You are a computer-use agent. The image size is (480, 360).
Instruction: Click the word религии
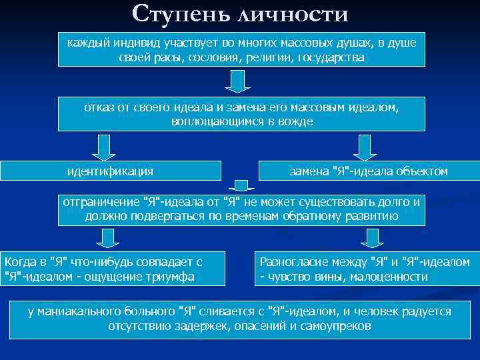click(x=265, y=57)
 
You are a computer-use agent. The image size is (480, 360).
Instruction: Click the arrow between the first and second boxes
click(x=238, y=81)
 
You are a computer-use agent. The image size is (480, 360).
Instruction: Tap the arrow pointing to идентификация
click(x=103, y=147)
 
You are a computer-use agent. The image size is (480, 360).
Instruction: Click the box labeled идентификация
click(x=110, y=171)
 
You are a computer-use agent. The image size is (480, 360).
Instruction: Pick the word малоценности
click(x=390, y=276)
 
